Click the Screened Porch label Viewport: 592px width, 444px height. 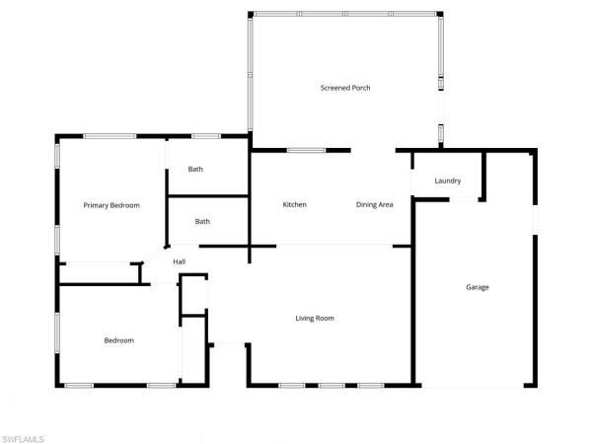[x=344, y=88]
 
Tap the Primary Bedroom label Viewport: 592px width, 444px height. [x=111, y=205]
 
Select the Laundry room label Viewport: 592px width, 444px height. [x=448, y=181]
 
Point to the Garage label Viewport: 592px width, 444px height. [x=478, y=287]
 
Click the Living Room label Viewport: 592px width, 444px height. [x=316, y=318]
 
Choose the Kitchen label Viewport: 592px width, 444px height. [x=295, y=204]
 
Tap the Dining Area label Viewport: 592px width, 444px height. [x=375, y=204]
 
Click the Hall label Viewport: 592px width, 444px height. [x=180, y=261]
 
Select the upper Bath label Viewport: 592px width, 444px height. [x=195, y=169]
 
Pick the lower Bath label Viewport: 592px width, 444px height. [x=202, y=221]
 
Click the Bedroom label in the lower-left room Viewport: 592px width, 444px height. [x=119, y=340]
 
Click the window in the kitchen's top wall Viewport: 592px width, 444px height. [x=306, y=150]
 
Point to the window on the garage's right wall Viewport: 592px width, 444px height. [x=536, y=219]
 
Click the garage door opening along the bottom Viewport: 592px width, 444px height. [x=478, y=385]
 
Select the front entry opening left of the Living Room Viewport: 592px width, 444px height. [x=228, y=343]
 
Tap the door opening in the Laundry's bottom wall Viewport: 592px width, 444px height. [x=464, y=200]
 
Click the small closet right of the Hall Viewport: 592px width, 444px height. [x=193, y=294]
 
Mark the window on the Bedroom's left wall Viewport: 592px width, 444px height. [x=56, y=336]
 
